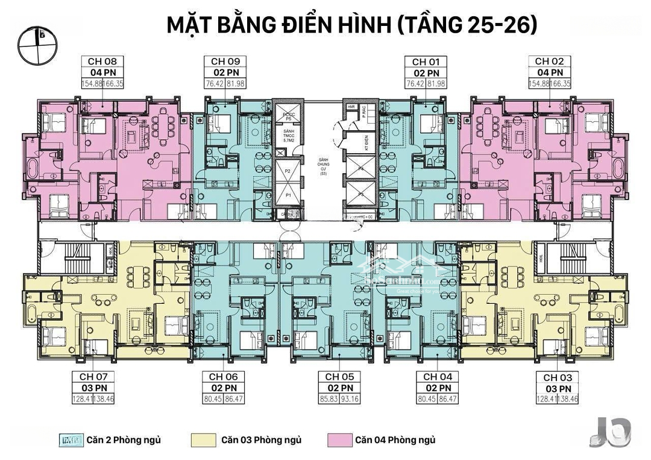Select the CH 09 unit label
click(x=226, y=61)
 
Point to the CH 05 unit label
click(x=340, y=376)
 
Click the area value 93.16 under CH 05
click(x=351, y=399)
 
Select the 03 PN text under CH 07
click(x=93, y=388)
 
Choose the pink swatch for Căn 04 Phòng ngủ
click(x=339, y=440)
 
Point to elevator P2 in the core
click(x=288, y=172)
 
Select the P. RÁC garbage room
click(x=365, y=112)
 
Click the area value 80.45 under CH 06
click(x=213, y=399)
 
